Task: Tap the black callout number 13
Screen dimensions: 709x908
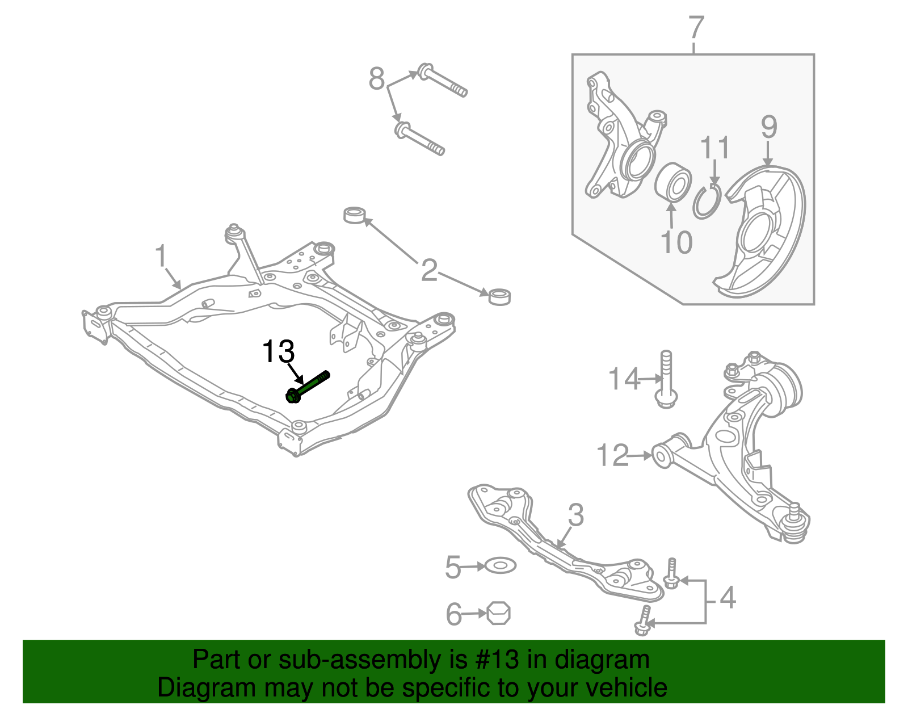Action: point(278,352)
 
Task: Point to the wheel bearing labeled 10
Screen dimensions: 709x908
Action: point(673,182)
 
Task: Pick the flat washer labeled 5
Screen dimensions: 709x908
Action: point(500,566)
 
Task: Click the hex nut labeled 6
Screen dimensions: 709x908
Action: point(499,613)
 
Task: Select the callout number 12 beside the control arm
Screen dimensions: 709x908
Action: point(613,455)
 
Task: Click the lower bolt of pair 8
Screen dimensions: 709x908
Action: point(419,138)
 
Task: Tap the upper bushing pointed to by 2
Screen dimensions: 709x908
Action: point(356,216)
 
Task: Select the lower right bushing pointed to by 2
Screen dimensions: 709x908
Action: point(499,296)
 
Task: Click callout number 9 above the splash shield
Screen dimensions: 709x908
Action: point(768,127)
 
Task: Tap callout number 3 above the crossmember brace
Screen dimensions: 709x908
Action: point(575,515)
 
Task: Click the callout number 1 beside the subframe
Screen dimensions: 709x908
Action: point(161,256)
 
